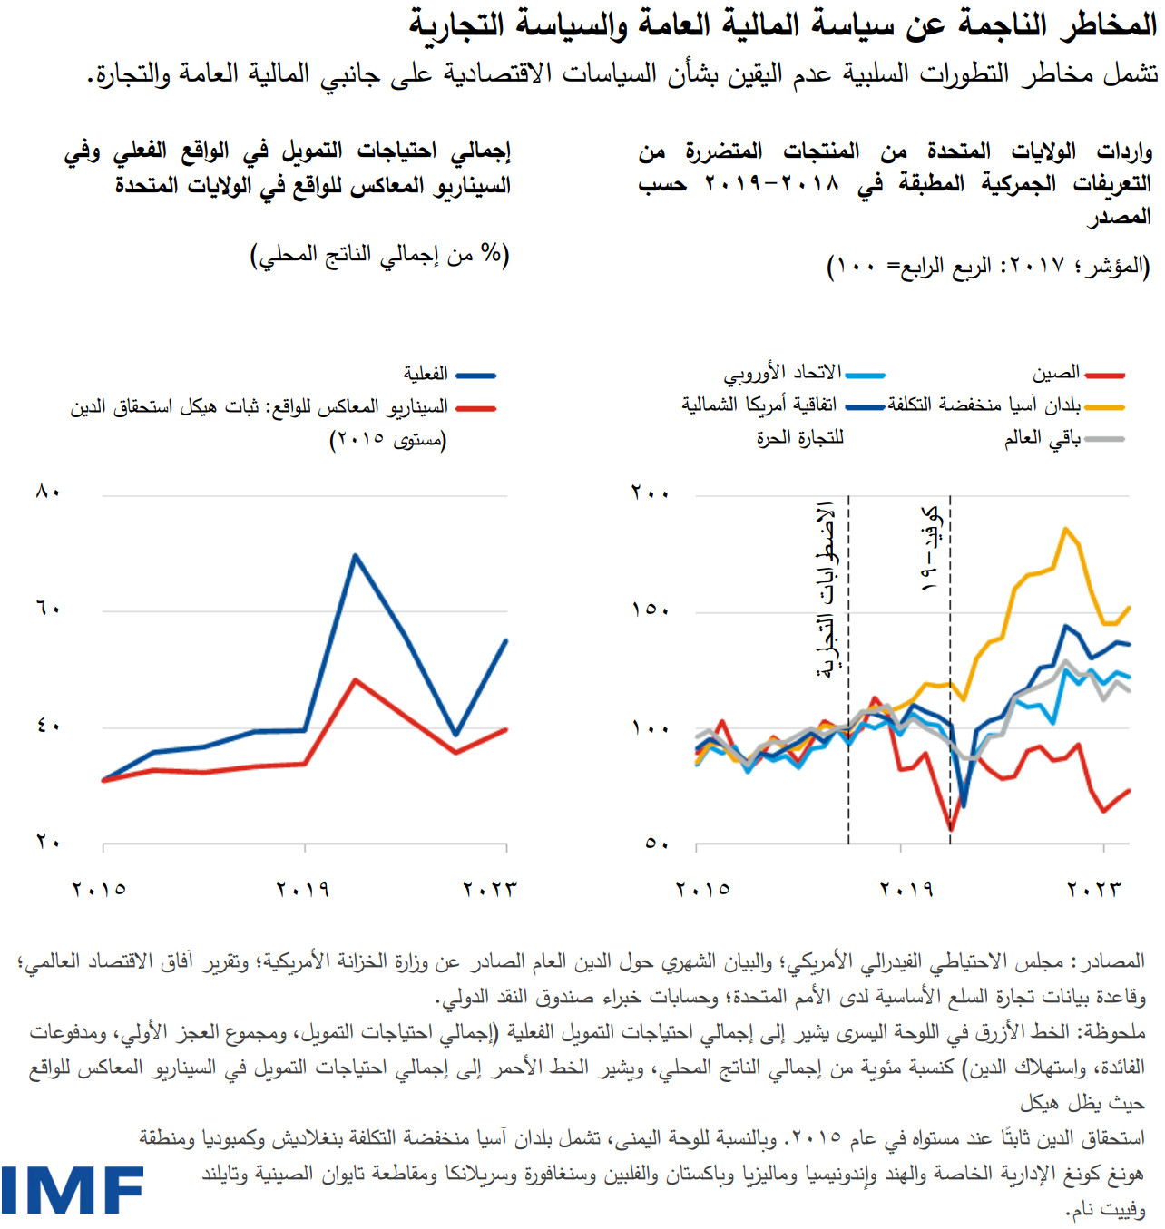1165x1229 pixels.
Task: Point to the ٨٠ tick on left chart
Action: (x=48, y=493)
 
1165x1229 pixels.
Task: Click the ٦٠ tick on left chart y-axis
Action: (x=48, y=609)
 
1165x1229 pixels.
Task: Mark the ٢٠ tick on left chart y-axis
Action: (x=48, y=843)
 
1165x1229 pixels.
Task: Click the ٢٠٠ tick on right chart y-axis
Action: (x=650, y=493)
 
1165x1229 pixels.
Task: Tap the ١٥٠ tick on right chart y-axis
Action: (x=650, y=610)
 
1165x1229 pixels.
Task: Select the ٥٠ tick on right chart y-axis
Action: (x=657, y=844)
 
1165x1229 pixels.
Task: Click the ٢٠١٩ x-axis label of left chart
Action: (x=302, y=890)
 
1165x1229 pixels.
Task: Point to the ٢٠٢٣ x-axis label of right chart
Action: (x=1094, y=890)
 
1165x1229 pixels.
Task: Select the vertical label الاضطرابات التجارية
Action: (x=826, y=590)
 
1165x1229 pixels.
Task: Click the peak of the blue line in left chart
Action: (x=356, y=555)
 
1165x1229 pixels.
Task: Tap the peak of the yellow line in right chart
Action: (x=1065, y=529)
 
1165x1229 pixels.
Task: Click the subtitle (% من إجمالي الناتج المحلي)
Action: (x=380, y=255)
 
